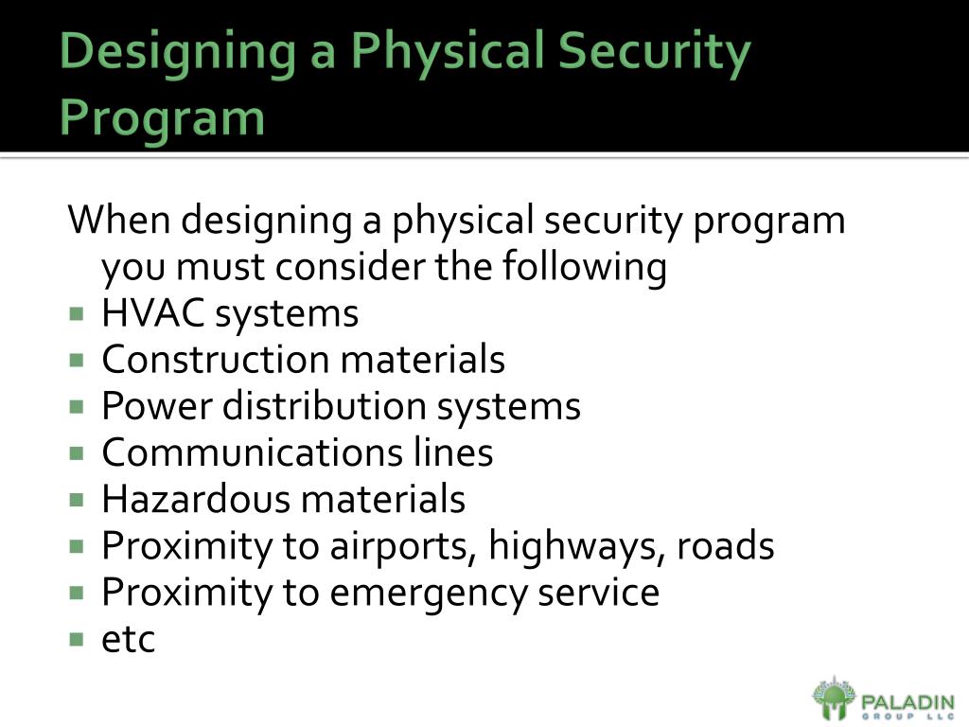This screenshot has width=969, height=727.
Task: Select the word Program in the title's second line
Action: [x=162, y=118]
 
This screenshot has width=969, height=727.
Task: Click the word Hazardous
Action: [x=195, y=499]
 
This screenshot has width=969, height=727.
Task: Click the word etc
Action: [x=128, y=640]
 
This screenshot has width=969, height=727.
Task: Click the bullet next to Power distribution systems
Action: [x=77, y=406]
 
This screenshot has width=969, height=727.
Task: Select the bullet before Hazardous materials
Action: [x=77, y=499]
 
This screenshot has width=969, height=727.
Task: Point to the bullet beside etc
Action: [x=77, y=639]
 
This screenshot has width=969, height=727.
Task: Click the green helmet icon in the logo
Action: [x=834, y=700]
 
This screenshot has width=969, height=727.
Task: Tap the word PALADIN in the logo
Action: [x=907, y=700]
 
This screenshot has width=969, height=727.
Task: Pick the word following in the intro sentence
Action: [x=585, y=267]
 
